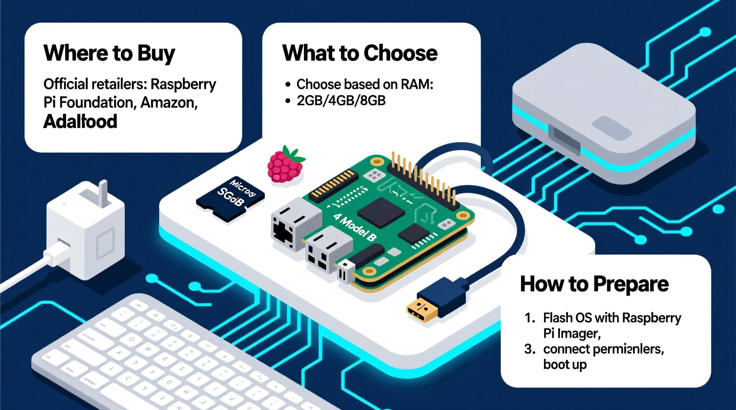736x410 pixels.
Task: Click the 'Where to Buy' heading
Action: coord(109,53)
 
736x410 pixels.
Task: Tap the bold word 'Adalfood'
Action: coord(80,121)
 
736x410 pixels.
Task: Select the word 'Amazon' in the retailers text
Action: coord(168,102)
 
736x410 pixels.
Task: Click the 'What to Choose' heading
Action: coord(360,53)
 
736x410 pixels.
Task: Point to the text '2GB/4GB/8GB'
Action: coord(341,101)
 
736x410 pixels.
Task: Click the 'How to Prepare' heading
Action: coord(594,284)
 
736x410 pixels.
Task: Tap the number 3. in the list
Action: coord(529,349)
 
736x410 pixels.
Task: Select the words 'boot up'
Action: coord(565,365)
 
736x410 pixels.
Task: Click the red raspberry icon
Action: coord(285,165)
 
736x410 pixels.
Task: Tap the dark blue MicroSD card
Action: coord(230,198)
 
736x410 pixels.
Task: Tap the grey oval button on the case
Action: coord(611,129)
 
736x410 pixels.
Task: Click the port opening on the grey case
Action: coord(564,139)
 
